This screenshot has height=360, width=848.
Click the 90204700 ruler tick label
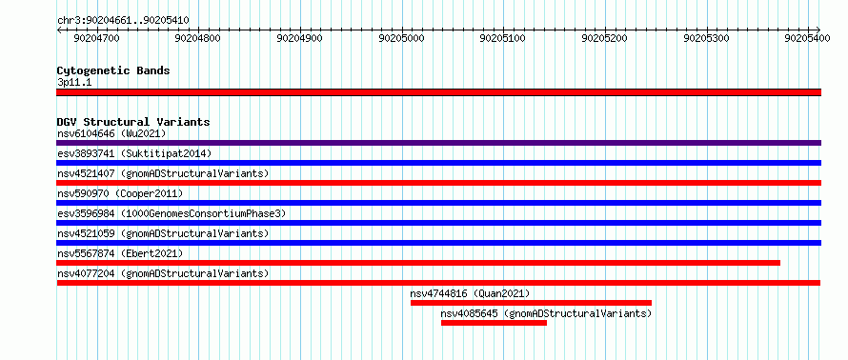[x=97, y=38]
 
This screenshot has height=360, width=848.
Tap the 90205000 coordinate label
[x=402, y=38]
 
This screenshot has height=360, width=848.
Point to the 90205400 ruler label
[x=807, y=38]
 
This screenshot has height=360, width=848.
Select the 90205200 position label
[x=605, y=38]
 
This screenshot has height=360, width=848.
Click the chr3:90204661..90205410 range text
[x=123, y=21]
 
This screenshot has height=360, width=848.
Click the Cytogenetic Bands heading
[x=113, y=70]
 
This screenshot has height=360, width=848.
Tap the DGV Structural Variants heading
[x=133, y=122]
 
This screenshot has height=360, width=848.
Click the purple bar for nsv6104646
[x=438, y=143]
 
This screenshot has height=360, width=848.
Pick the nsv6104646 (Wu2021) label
[x=111, y=133]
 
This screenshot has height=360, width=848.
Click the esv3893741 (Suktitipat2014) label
[x=134, y=153]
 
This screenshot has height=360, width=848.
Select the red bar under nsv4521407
[x=438, y=183]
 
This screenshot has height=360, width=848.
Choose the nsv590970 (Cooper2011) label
[x=120, y=193]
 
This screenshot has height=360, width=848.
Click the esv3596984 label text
[x=86, y=213]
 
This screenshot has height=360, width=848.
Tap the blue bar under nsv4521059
[x=438, y=243]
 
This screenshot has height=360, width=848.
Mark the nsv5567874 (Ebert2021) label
[x=120, y=253]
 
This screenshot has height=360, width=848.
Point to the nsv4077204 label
[x=86, y=273]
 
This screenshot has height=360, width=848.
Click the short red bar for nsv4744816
[x=531, y=303]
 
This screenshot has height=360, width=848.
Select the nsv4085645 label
[x=470, y=313]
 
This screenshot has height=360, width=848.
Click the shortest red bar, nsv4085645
[x=494, y=323]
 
